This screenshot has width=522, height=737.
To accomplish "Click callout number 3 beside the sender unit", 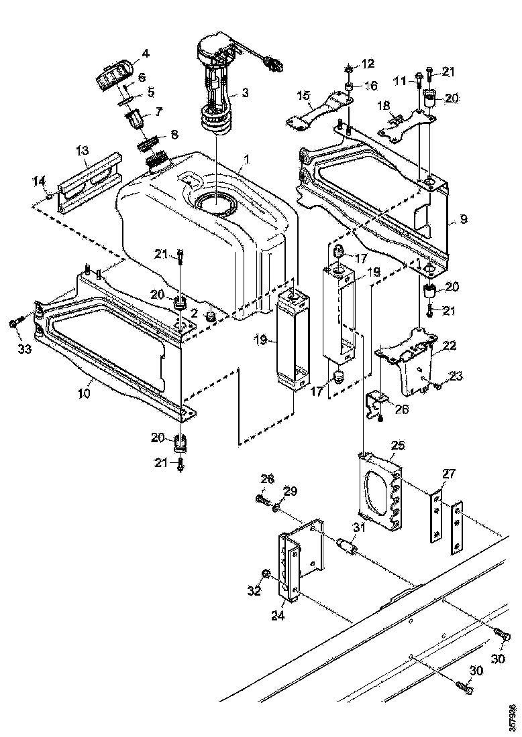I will tap(245, 94).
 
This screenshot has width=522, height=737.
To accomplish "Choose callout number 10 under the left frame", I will tap(83, 394).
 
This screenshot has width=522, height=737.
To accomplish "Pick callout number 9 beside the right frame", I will tap(463, 218).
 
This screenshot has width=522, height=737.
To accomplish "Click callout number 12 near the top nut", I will tap(368, 64).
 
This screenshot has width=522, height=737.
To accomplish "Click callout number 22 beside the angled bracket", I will tap(449, 346).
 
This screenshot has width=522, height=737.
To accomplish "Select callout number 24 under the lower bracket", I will tap(278, 616).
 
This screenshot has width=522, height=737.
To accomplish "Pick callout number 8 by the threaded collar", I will tap(174, 134).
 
